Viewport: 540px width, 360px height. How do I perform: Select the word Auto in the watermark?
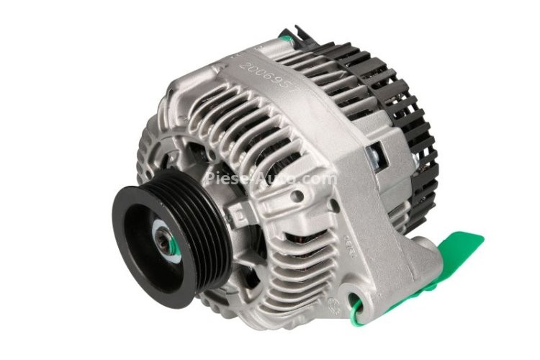(x=277, y=178)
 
